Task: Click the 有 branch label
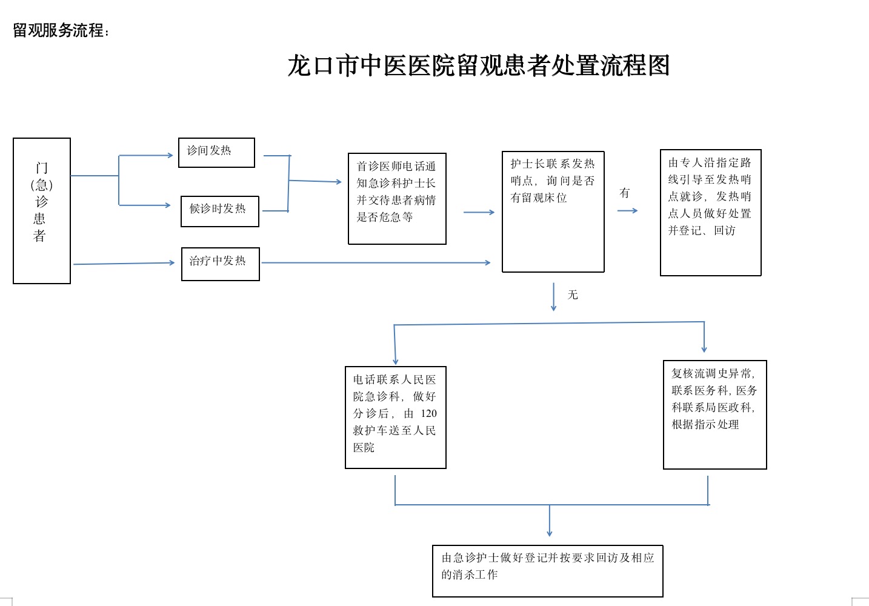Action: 625,193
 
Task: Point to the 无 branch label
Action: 573,295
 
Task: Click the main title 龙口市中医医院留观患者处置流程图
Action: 479,65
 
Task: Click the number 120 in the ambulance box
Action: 428,413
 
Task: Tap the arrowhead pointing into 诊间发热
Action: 170,155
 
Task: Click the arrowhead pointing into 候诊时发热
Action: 168,205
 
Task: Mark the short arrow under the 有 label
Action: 627,211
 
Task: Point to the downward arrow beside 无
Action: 554,297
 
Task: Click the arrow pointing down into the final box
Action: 549,521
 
